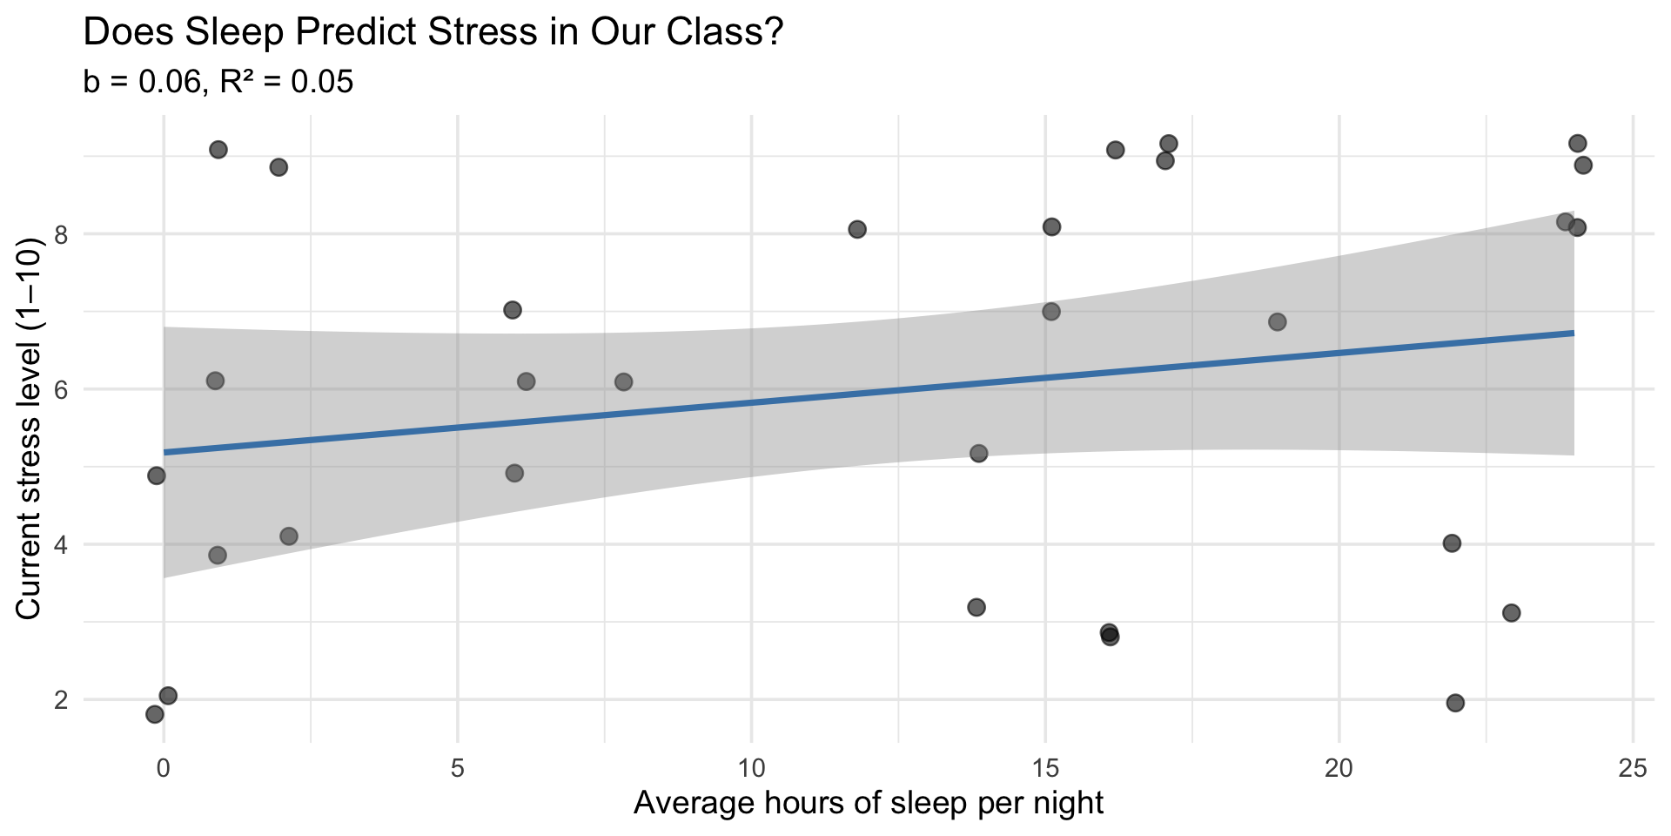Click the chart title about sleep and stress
(x=433, y=33)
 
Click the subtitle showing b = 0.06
(x=218, y=82)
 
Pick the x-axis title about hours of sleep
(x=868, y=802)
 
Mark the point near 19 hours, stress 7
(x=1277, y=322)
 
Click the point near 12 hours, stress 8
(x=857, y=229)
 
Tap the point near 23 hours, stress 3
(x=1511, y=613)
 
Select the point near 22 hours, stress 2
(x=1455, y=703)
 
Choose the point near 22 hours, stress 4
(x=1452, y=543)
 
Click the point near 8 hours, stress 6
(x=623, y=382)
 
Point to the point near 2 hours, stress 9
(x=278, y=167)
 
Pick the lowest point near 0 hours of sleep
(x=155, y=714)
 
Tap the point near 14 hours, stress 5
(x=978, y=453)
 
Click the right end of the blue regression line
(x=1573, y=333)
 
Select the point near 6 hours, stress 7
(x=513, y=310)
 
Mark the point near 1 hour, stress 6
(x=215, y=381)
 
